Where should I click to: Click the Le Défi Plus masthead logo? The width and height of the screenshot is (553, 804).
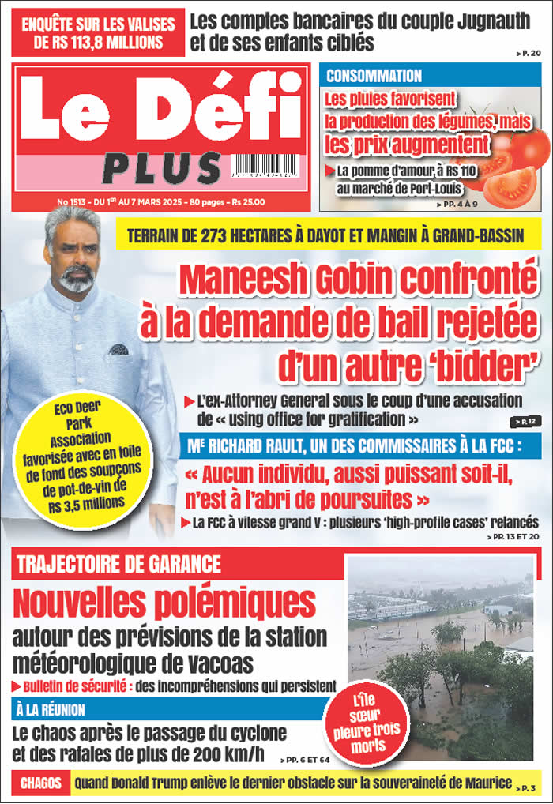coord(162,126)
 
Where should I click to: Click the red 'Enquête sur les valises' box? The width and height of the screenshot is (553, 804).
coord(98,33)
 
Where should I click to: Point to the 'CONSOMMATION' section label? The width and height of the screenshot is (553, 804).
coord(374,76)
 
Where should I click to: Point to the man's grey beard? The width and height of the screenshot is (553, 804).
coord(77,281)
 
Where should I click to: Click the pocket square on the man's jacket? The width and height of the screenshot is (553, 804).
coord(118,349)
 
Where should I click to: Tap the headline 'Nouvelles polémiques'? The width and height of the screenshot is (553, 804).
coord(164,602)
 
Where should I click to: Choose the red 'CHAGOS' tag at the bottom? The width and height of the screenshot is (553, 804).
coord(39,784)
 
